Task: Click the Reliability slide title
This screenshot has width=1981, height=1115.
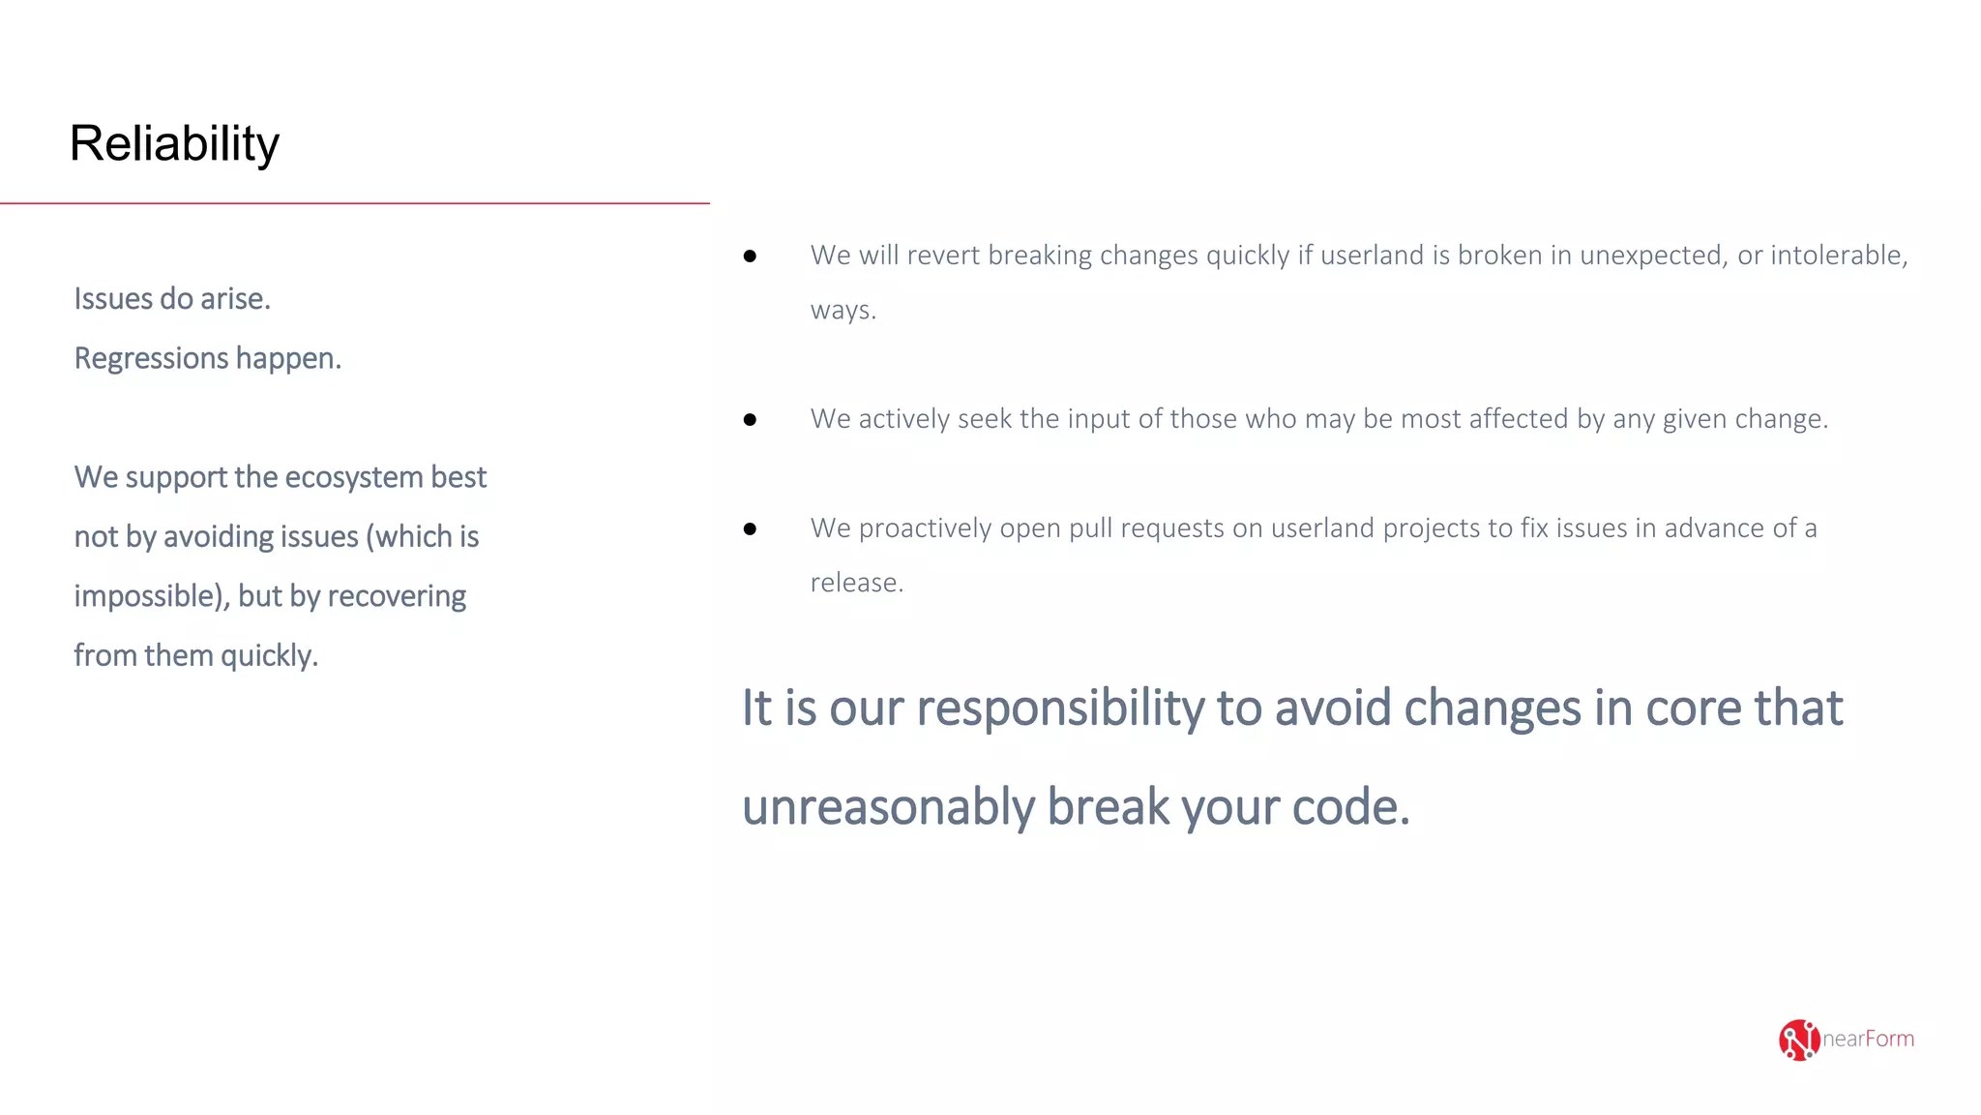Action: pos(174,144)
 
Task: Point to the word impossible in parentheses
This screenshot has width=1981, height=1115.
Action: pos(151,596)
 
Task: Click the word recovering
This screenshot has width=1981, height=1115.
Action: pos(397,596)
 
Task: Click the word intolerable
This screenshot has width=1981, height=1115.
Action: pos(1838,256)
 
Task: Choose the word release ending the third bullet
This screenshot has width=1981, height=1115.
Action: pos(855,583)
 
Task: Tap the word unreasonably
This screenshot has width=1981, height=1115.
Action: pos(888,807)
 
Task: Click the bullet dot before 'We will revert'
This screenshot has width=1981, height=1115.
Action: pos(750,256)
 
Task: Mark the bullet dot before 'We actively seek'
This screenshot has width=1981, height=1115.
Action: pos(750,420)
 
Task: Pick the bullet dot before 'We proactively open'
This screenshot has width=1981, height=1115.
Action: pos(750,529)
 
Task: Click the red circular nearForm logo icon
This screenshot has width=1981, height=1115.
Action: pos(1798,1040)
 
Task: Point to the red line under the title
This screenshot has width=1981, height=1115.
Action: pos(354,203)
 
